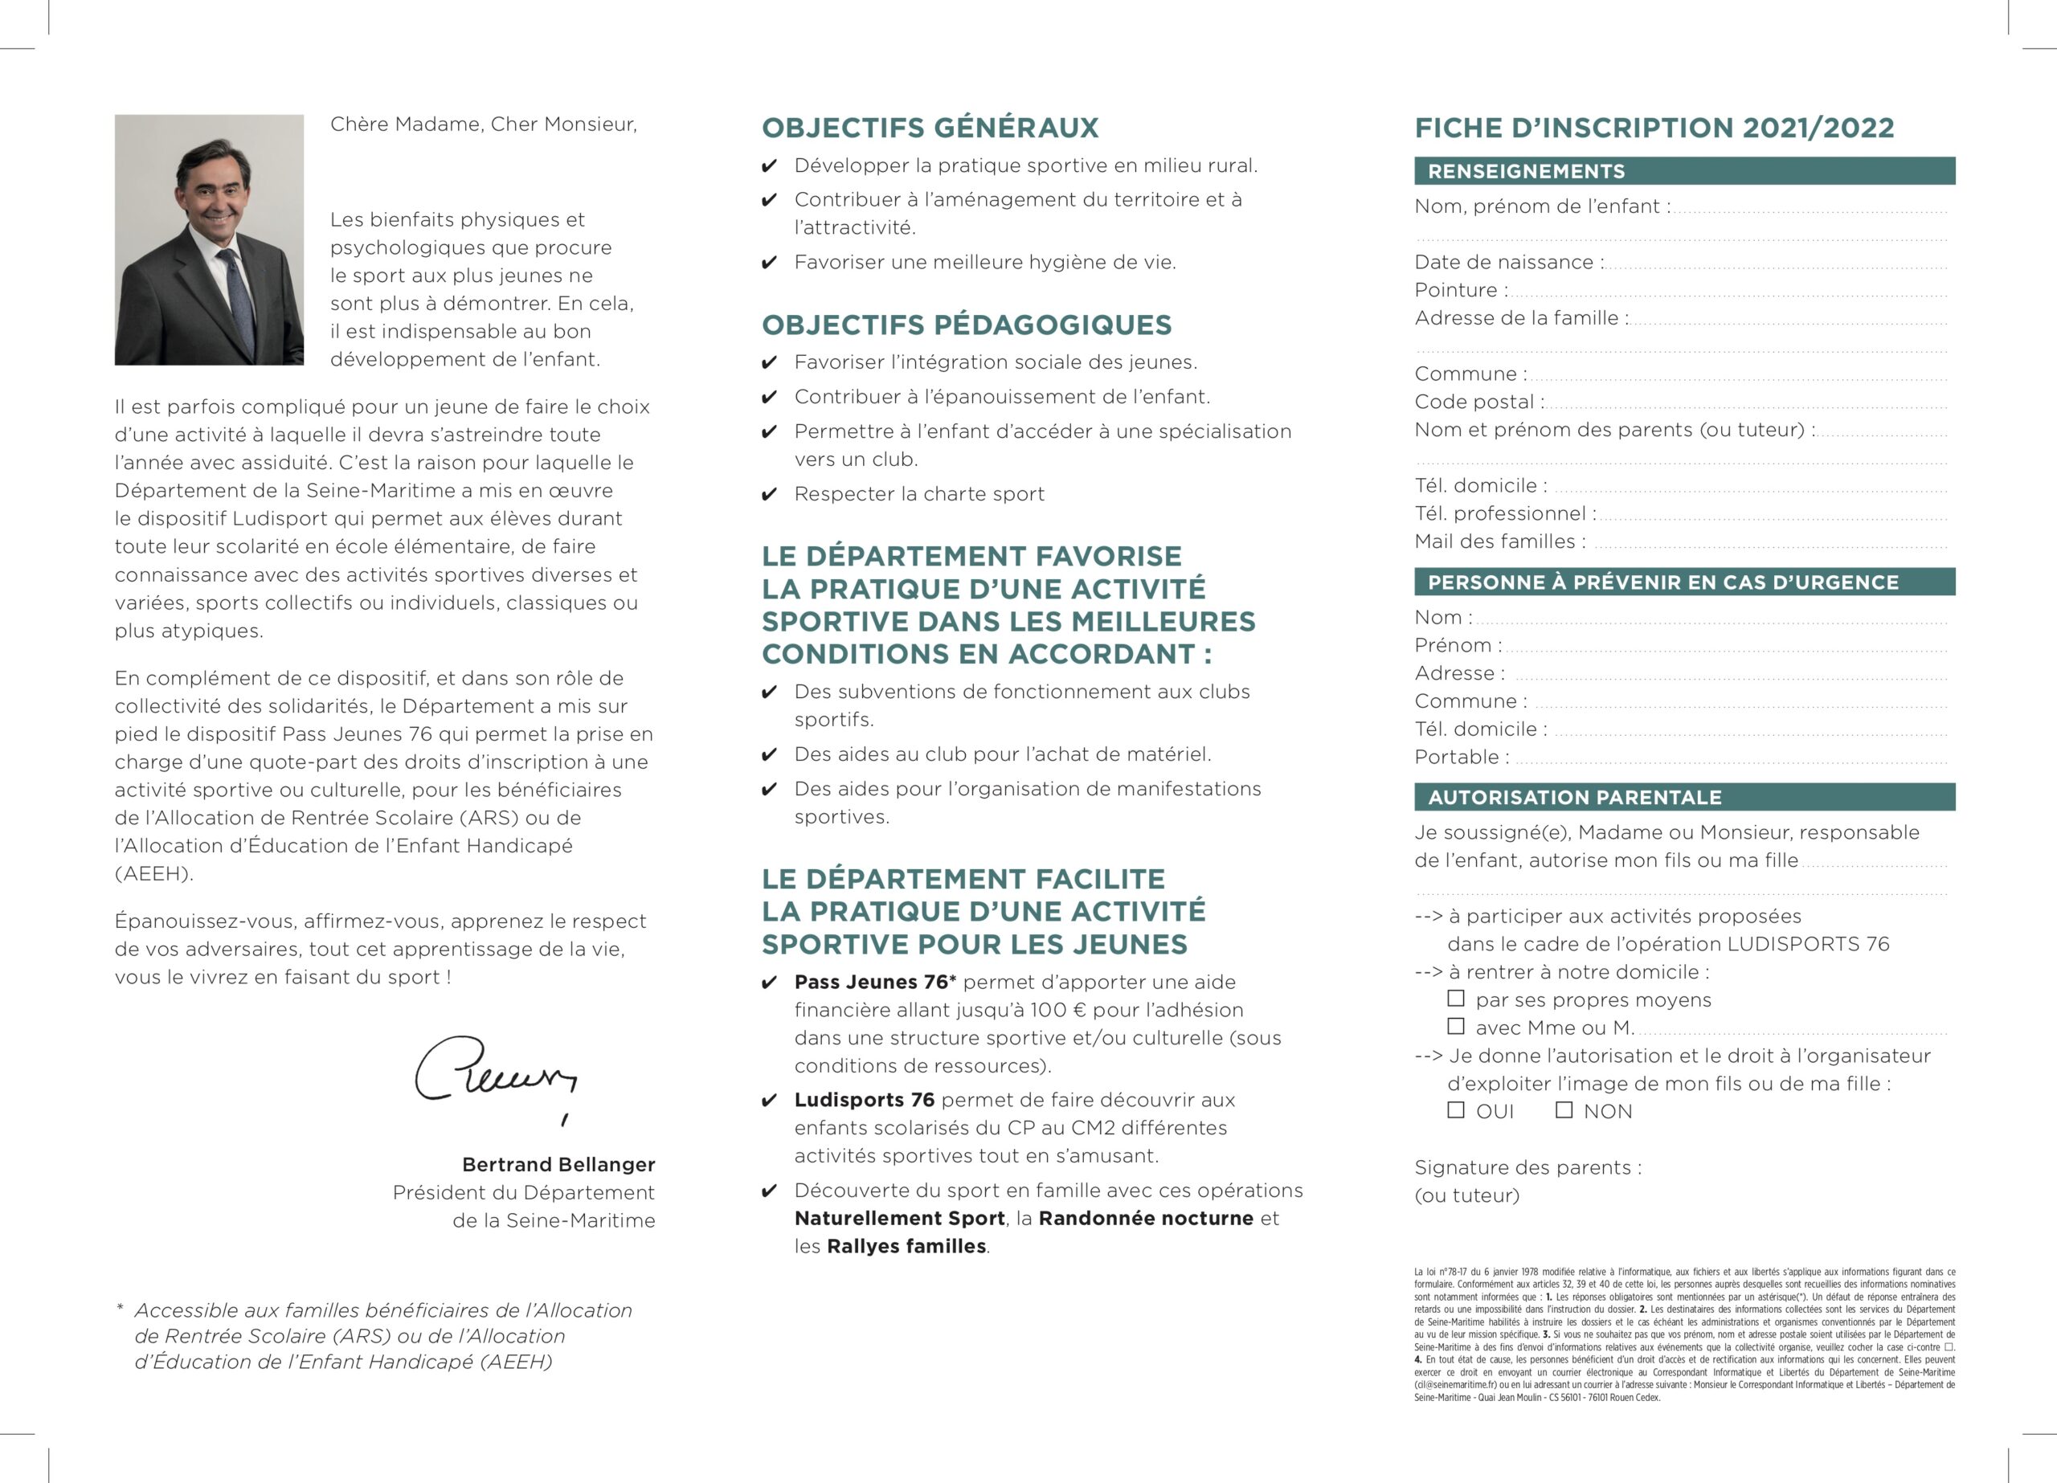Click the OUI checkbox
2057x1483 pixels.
click(x=1456, y=1109)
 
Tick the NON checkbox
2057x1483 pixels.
click(x=1564, y=1109)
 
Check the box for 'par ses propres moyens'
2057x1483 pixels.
click(x=1456, y=998)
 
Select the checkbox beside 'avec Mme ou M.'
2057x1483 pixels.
click(x=1456, y=1026)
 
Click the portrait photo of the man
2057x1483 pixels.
click(x=209, y=239)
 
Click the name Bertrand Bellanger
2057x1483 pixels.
click(x=558, y=1164)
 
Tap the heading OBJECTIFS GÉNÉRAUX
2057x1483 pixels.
click(x=930, y=128)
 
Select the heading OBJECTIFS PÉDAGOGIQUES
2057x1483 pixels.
click(x=966, y=325)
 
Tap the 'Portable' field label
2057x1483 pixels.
click(x=1461, y=758)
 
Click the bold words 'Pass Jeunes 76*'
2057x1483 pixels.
click(x=875, y=982)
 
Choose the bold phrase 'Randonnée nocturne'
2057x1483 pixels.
click(x=1146, y=1218)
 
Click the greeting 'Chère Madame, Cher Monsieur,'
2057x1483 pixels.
click(x=484, y=125)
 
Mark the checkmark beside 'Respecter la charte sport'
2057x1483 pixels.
click(x=769, y=494)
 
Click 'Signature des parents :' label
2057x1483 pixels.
click(x=1527, y=1167)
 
